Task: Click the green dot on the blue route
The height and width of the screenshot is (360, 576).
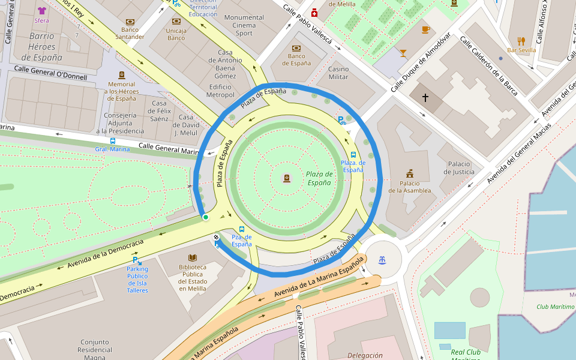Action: pos(205,217)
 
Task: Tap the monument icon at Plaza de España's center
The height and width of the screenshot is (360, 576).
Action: pos(287,178)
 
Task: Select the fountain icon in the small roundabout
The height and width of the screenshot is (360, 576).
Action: pos(382,260)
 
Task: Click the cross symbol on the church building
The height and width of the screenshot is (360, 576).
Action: pos(425,97)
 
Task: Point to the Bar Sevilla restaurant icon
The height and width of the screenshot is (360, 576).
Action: pos(521,41)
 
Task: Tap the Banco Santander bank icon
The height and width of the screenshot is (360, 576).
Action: pos(130,21)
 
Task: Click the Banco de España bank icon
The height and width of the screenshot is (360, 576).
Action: pos(296,48)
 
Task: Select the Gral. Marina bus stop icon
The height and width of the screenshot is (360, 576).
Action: pos(113,141)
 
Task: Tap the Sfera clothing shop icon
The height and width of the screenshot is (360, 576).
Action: pos(41,10)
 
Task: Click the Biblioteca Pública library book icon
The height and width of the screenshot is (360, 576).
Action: pos(193,257)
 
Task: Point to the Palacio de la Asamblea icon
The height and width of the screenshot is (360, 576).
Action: pos(410,173)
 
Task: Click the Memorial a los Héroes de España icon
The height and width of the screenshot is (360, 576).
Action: pos(122,76)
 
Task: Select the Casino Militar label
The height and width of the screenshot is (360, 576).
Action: pos(338,73)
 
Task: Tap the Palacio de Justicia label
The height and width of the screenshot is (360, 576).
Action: pos(459,168)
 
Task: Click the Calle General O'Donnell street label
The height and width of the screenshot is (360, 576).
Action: pos(50,73)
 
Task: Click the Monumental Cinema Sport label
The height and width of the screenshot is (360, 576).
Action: pos(244,25)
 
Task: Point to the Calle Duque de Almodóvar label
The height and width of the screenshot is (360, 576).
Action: pos(421,62)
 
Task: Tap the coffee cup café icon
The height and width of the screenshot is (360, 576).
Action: pos(425,29)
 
